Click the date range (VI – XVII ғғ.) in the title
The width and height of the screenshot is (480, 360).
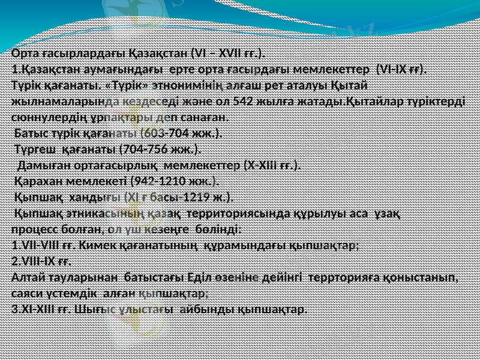tap(227, 53)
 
